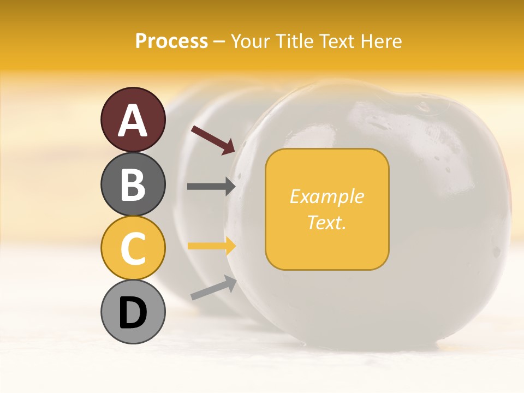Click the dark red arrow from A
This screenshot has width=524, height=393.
point(213,140)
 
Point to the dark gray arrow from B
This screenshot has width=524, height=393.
point(211,187)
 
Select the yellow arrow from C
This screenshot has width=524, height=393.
point(211,246)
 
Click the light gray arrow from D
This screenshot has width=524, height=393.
point(213,288)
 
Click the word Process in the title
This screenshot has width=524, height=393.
point(171,41)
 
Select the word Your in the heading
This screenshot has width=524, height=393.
point(249,41)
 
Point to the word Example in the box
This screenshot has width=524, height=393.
point(326,196)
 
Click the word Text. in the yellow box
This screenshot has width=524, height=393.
point(326,222)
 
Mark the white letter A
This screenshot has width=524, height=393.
point(133,121)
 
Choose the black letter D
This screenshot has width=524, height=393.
point(133,313)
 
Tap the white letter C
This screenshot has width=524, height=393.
point(133,248)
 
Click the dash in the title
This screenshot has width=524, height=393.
point(219,42)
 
